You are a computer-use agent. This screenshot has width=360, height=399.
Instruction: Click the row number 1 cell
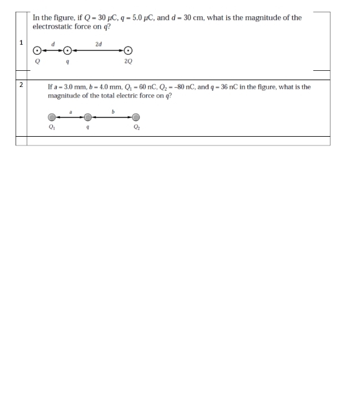[21, 42]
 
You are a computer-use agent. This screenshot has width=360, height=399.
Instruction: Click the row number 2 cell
[21, 85]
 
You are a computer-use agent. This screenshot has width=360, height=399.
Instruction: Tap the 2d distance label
[99, 44]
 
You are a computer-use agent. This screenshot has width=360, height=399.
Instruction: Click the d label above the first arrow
[53, 43]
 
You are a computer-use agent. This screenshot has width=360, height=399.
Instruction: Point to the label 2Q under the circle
[128, 62]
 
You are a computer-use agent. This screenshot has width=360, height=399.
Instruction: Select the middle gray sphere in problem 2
[89, 116]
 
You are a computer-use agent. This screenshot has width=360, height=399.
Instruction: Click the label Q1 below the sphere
[52, 127]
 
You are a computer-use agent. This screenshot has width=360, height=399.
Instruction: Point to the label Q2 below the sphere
[136, 127]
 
